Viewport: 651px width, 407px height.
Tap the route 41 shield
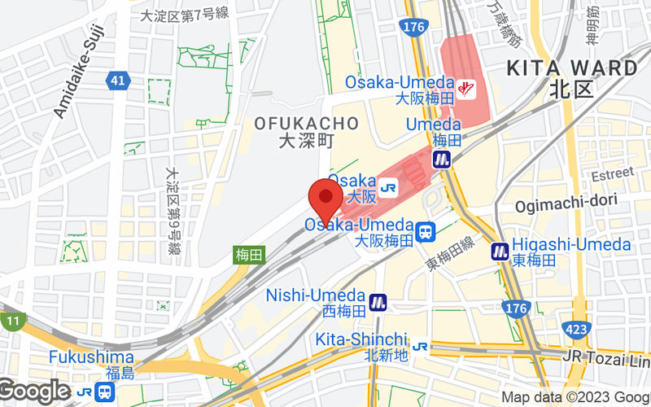click(x=116, y=80)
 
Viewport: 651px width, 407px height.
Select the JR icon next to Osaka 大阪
click(x=388, y=187)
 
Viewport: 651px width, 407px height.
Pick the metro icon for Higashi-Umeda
click(x=500, y=252)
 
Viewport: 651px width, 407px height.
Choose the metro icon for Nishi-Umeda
click(x=377, y=302)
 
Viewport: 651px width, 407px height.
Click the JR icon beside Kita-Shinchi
click(x=421, y=346)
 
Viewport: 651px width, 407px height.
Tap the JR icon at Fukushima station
click(x=84, y=392)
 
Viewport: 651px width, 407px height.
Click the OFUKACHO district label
click(x=306, y=124)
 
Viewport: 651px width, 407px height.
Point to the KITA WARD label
click(x=573, y=68)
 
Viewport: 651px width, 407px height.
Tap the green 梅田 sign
click(x=249, y=255)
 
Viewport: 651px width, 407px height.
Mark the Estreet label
click(x=611, y=174)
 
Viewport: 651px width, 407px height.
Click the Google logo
click(x=34, y=392)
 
